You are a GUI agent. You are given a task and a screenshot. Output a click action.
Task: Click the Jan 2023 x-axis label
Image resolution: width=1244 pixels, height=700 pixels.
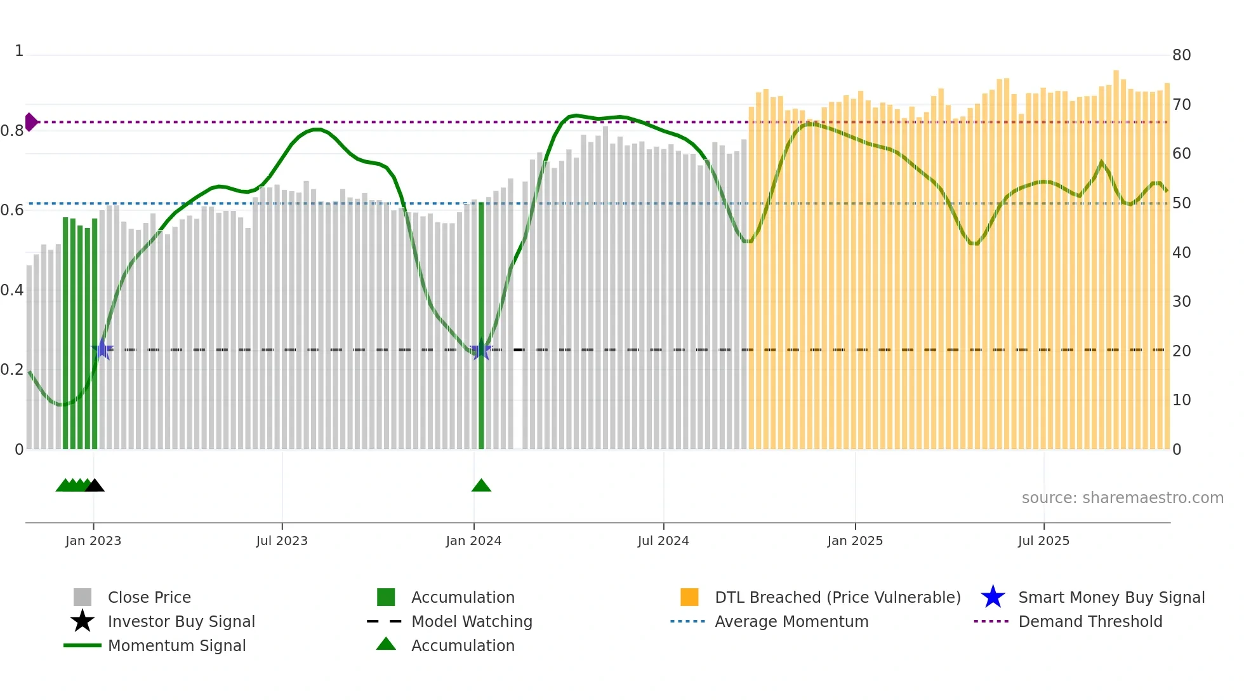93,541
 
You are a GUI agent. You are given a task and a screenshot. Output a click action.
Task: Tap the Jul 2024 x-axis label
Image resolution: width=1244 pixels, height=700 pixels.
663,541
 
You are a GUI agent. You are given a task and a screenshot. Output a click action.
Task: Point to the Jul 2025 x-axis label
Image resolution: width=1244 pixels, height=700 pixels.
1043,541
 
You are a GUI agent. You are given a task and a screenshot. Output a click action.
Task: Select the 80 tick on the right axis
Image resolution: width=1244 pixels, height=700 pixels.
1181,55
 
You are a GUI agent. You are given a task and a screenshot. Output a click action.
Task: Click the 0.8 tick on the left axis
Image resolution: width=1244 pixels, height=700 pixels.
12,131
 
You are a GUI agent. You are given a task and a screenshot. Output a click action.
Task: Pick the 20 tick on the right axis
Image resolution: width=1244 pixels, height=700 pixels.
1181,351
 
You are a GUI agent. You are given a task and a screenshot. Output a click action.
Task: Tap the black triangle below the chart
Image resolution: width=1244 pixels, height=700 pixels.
95,486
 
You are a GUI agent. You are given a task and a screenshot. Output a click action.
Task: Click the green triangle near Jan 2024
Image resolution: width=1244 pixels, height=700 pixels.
481,486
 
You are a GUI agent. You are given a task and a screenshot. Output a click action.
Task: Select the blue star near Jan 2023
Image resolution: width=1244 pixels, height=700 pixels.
102,349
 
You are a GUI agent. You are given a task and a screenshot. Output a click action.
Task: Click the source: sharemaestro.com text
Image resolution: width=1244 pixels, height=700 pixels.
1122,498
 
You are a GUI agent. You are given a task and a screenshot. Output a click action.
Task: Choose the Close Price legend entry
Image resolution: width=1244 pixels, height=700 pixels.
149,597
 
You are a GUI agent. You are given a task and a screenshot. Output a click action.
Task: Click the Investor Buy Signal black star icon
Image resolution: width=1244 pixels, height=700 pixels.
83,621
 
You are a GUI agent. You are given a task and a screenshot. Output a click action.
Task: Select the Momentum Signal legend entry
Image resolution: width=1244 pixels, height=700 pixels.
176,645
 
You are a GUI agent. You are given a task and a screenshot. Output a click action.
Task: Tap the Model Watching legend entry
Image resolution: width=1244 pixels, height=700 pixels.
472,621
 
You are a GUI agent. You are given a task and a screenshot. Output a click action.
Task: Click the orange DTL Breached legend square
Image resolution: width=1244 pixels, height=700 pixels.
689,597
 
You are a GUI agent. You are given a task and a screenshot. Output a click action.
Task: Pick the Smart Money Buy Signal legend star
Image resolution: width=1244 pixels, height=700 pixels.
993,597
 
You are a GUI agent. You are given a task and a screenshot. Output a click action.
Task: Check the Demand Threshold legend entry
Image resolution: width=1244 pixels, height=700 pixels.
1090,621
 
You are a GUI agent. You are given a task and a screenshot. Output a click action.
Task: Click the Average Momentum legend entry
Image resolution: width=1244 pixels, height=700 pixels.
791,621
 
